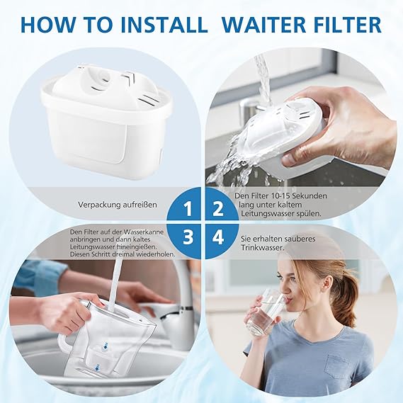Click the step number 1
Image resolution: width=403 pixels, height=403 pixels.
coord(188,209)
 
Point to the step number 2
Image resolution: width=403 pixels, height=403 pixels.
coord(218,209)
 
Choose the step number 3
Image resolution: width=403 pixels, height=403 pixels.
coord(188,237)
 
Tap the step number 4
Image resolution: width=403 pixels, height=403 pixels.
coord(218,237)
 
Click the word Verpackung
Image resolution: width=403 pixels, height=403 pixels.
coord(98,205)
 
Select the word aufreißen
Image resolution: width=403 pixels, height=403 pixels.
coord(139,205)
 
